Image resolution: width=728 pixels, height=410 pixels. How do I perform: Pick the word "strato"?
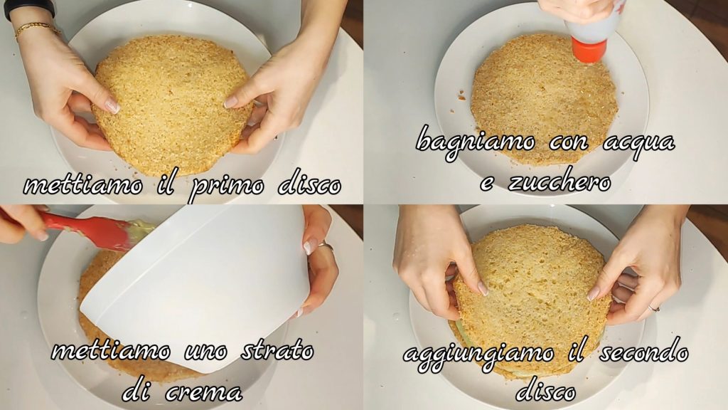tap(277, 350)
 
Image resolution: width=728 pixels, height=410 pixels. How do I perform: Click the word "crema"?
tap(203, 392)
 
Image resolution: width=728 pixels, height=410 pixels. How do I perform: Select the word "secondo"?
tap(643, 352)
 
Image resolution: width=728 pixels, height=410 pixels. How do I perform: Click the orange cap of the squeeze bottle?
tap(589, 51)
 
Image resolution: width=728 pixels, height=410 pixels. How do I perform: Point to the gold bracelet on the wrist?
tap(37, 28)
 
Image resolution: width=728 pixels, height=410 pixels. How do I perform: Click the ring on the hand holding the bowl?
tap(325, 246)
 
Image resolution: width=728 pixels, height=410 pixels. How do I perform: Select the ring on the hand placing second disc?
tap(653, 308)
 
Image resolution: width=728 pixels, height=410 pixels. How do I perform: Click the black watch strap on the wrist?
tap(28, 8)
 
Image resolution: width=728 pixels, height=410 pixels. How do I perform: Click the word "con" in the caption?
tap(569, 142)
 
